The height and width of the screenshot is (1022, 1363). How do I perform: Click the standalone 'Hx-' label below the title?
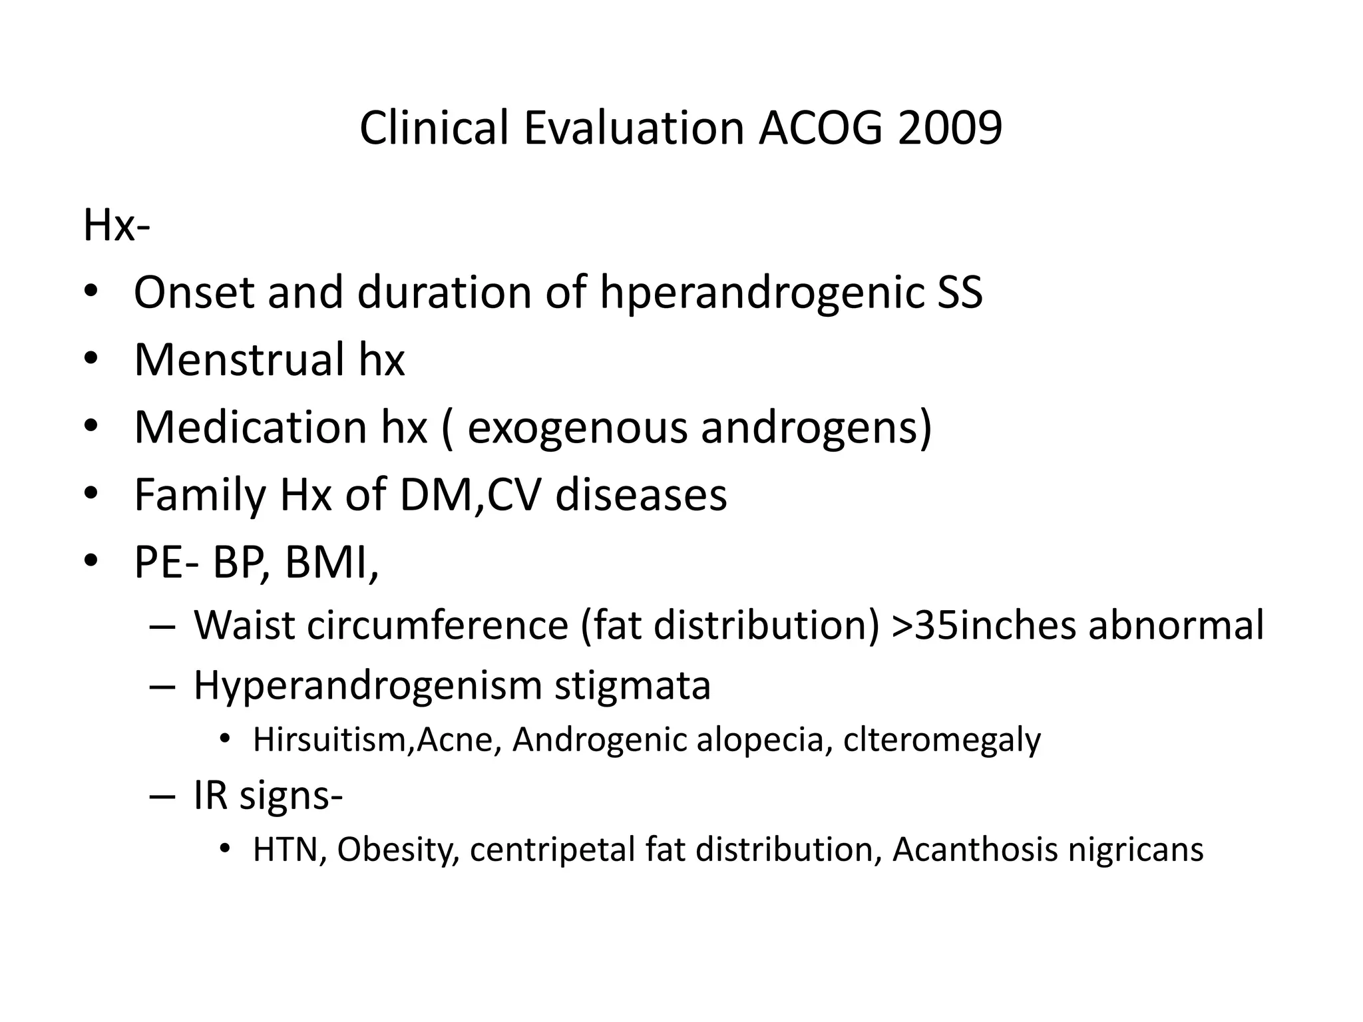coord(116,226)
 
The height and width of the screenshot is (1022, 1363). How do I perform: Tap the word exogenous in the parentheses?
coord(577,427)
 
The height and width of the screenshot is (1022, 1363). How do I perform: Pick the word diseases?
coord(641,495)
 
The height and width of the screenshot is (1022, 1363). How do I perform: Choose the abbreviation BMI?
coord(331,563)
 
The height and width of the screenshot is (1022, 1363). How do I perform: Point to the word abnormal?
coord(1176,625)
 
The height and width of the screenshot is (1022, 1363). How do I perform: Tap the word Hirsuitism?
coord(329,740)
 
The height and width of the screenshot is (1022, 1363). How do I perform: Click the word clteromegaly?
coord(942,741)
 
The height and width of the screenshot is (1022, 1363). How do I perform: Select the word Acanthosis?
coord(973,850)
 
